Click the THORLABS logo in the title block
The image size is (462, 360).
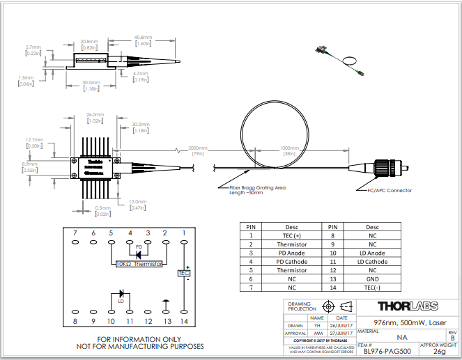407,306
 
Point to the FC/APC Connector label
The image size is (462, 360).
389,190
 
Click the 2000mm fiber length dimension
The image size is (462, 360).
198,148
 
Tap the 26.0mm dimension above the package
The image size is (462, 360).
95,115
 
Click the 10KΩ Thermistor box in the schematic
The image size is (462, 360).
137,265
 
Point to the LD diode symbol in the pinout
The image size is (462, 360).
121,293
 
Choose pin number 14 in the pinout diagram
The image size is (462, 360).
183,322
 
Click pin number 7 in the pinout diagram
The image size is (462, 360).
75,233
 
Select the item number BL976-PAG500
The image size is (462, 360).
385,352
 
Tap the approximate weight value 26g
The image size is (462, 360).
439,352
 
